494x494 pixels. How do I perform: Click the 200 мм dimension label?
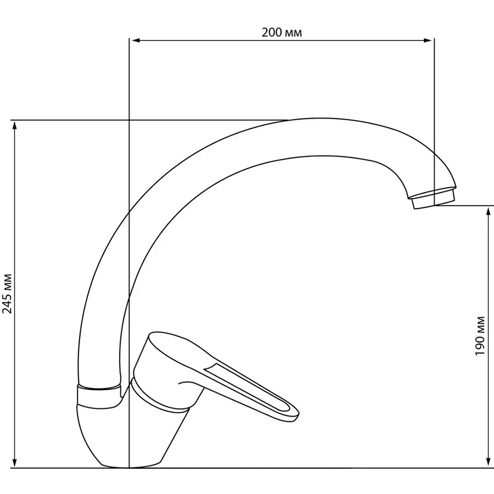click(x=282, y=32)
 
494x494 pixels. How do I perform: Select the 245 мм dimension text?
click(x=7, y=294)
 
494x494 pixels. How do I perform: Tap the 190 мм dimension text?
click(x=480, y=336)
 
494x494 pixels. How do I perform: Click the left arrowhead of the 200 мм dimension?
click(x=136, y=40)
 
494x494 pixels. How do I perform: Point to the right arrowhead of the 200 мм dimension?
click(x=428, y=40)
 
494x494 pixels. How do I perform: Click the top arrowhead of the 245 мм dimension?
click(x=14, y=126)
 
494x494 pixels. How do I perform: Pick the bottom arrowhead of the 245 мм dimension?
click(x=14, y=463)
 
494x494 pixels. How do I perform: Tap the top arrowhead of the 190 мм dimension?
click(x=489, y=211)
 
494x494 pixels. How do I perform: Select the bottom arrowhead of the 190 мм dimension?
click(x=489, y=463)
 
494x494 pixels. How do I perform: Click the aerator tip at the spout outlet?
click(x=433, y=199)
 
